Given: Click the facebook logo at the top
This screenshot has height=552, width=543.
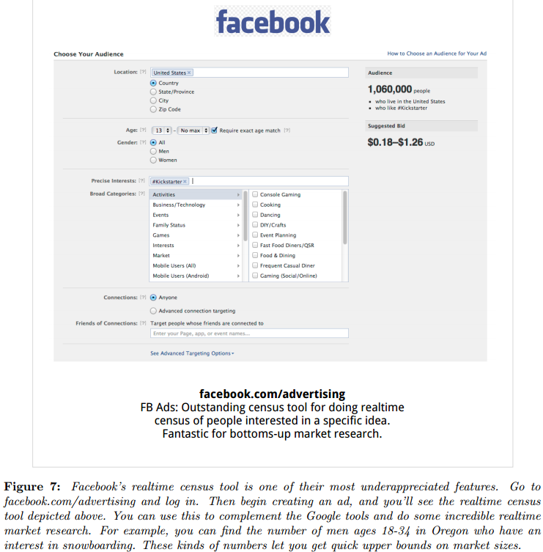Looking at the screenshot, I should (x=273, y=22).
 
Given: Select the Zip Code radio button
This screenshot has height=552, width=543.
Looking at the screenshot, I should (x=153, y=109).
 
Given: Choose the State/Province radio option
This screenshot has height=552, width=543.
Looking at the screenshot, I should (x=153, y=92).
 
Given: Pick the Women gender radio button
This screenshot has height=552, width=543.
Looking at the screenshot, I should (x=153, y=160).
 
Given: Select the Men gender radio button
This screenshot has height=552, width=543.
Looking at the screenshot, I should (x=153, y=151).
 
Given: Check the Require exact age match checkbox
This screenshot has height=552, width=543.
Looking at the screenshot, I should (x=214, y=130).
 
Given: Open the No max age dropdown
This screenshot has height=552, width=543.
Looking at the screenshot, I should (x=194, y=130).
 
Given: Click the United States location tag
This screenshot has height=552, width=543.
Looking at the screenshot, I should (x=171, y=73).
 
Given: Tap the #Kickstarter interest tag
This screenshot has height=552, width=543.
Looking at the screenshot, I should (x=169, y=181).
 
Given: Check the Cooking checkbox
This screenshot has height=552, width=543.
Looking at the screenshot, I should (x=254, y=205).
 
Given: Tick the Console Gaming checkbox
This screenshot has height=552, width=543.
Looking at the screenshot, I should (x=254, y=194).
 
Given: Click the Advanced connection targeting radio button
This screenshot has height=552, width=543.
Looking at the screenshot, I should (x=153, y=311).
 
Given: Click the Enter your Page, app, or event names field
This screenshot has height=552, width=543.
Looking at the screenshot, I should (x=248, y=334).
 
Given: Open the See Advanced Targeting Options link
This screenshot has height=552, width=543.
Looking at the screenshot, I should (x=192, y=353).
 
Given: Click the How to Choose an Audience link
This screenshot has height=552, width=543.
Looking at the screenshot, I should (x=437, y=54).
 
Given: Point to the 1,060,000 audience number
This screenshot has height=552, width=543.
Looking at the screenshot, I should (x=389, y=89).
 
